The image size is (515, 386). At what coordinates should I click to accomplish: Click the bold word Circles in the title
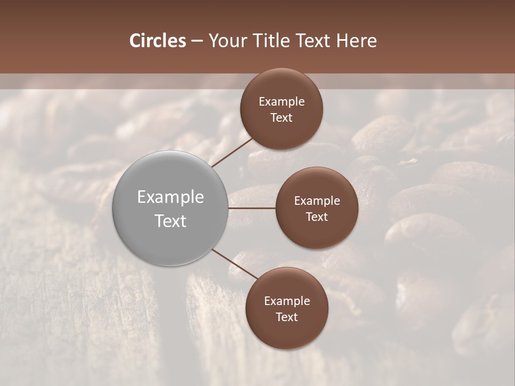158,41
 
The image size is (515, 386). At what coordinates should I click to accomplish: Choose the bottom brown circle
287,332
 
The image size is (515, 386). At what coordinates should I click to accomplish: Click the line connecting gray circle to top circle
232,152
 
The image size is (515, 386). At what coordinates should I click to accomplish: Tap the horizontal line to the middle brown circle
252,208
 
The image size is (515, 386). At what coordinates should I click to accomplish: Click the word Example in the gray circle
171,197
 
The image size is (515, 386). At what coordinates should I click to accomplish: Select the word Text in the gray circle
171,221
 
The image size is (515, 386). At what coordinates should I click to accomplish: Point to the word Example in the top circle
282,102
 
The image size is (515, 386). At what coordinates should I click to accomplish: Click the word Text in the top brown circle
282,117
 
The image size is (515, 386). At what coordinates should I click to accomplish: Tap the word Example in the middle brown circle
317,201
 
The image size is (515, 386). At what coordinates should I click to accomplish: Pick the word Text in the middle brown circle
317,217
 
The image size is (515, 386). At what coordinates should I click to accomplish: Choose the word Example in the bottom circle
287,301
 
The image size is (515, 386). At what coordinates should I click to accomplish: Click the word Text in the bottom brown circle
287,317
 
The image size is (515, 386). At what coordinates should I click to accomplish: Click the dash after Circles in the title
197,41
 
